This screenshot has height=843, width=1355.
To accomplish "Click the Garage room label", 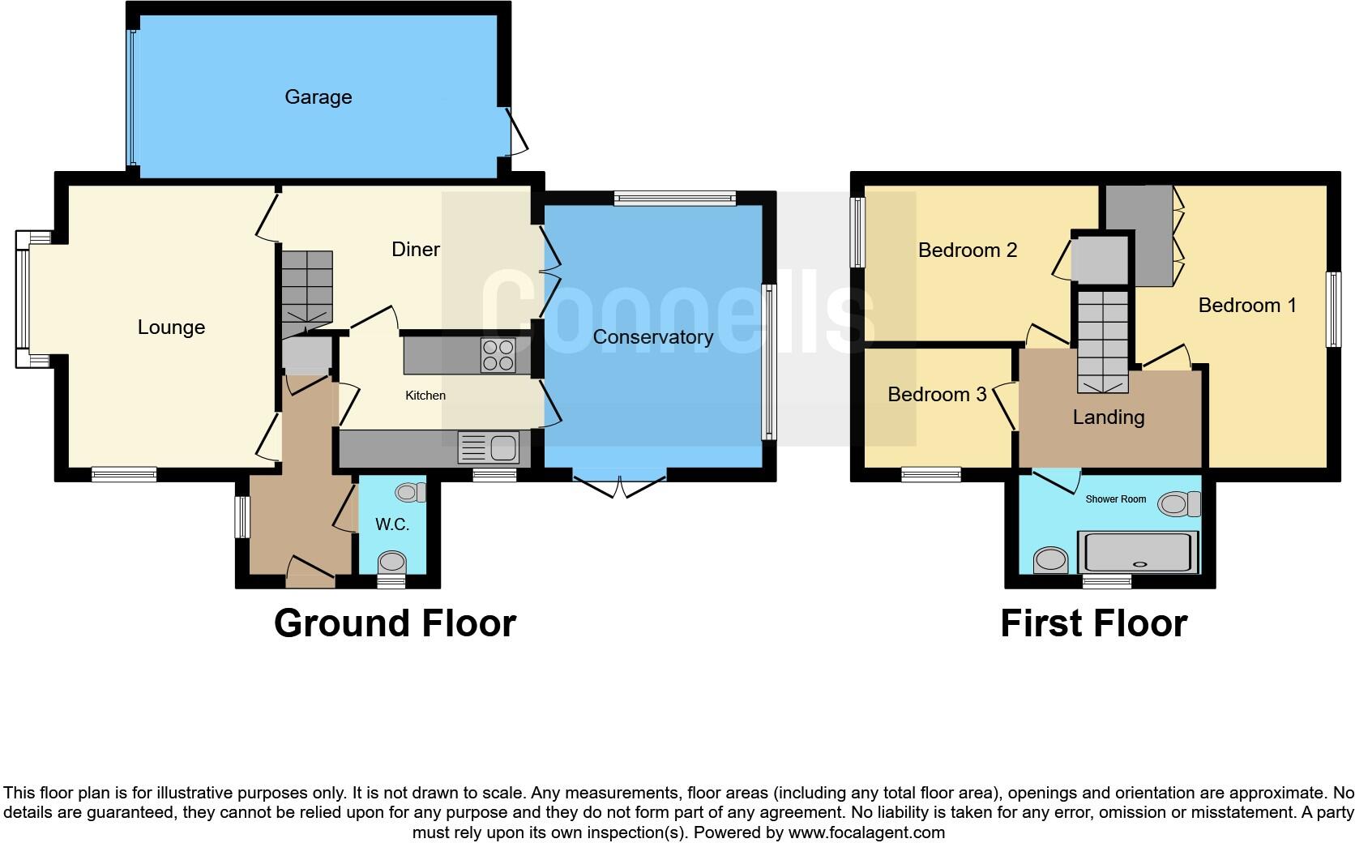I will tap(318, 97).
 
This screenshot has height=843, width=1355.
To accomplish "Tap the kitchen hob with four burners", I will tap(498, 355).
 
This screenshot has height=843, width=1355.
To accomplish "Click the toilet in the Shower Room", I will tap(1180, 504).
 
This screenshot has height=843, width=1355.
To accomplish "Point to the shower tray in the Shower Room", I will tap(1138, 553).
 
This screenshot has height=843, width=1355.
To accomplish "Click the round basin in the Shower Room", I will tap(1052, 559).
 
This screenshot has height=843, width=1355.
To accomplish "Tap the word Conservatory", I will tap(652, 337).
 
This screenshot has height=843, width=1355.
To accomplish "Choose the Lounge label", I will tap(171, 327).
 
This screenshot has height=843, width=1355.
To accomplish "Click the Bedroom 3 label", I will tap(937, 395).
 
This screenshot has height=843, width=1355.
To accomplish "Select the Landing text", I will tap(1108, 417).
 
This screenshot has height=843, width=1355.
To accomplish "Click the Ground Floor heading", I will tap(395, 623).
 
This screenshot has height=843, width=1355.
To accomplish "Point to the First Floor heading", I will tap(1093, 623).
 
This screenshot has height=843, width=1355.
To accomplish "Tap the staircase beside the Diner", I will tap(307, 288).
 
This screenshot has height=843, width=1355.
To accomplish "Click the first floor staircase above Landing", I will tap(1102, 340).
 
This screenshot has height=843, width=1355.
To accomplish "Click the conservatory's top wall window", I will tap(674, 198).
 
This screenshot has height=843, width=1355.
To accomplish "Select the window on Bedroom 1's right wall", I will tap(1332, 310).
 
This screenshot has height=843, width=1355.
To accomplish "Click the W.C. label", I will tap(391, 525).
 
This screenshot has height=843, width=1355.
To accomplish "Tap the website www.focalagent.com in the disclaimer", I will tap(866, 832).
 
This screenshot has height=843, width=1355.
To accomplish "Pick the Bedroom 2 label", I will tap(967, 250).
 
